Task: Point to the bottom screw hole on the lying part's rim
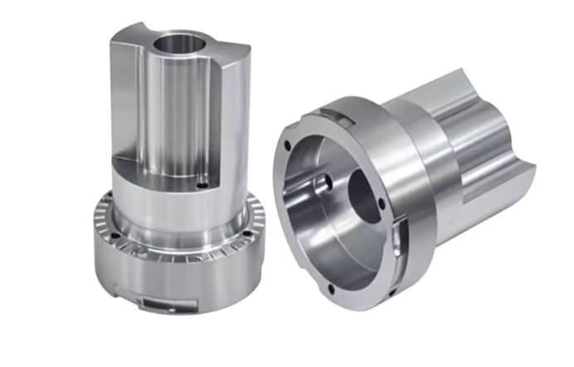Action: (x=332, y=289)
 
